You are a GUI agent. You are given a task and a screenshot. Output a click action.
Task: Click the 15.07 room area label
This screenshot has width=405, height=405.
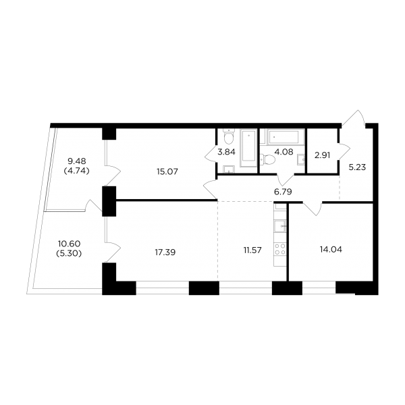coord(167,171)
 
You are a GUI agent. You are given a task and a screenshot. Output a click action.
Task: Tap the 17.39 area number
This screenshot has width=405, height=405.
coord(165,252)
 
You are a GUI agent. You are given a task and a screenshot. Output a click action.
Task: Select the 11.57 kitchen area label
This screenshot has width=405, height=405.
coord(252,250)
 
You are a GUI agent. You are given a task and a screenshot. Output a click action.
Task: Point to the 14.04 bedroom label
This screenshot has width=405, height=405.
coord(331,250)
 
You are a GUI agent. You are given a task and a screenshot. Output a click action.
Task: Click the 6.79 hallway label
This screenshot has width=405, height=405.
coord(283,192)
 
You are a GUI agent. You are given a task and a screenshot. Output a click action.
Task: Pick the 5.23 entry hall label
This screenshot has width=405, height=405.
coord(357,167)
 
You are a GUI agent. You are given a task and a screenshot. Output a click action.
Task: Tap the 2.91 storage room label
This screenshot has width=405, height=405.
coord(323,155)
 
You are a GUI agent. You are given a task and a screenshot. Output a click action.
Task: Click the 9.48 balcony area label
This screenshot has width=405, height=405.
coord(77,161)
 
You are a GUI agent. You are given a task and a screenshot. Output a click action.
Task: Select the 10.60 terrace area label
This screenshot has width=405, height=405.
coord(70,244)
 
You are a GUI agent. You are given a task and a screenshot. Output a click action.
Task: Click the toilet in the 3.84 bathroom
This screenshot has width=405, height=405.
coord(229,137)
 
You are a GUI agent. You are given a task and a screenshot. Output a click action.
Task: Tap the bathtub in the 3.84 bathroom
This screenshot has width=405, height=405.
coord(248,148)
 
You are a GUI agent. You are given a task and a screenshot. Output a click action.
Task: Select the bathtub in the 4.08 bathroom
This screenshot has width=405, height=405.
coord(283,137)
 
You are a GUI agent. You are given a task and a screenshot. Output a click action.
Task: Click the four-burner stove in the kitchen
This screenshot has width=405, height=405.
coord(280,249)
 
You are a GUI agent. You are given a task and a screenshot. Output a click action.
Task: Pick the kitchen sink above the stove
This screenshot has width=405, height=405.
coord(280,227)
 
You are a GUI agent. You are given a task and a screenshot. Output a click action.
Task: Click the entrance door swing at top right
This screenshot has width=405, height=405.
coord(354,118)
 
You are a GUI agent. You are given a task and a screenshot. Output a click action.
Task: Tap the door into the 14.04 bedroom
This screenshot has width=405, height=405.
coord(313,209)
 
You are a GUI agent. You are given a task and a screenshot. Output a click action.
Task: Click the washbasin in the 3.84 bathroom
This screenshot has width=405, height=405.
coord(229,169)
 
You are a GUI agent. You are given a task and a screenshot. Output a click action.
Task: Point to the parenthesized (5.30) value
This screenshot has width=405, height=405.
coord(69,254)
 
